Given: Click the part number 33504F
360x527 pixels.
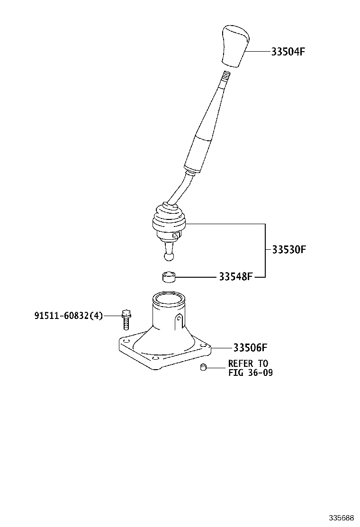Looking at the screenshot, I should pyautogui.click(x=288, y=52).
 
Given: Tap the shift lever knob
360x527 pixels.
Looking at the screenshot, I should pyautogui.click(x=234, y=46).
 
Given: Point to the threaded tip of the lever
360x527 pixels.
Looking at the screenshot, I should pyautogui.click(x=226, y=75).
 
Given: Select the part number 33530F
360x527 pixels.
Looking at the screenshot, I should pyautogui.click(x=288, y=249).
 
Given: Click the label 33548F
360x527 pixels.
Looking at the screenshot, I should pyautogui.click(x=236, y=276).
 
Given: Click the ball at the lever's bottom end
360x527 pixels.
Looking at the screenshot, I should pyautogui.click(x=169, y=256).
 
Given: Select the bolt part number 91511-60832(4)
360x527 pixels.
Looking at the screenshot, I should pyautogui.click(x=68, y=316).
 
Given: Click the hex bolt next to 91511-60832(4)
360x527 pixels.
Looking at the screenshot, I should pyautogui.click(x=126, y=320).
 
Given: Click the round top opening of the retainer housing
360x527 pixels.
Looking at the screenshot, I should pyautogui.click(x=169, y=300).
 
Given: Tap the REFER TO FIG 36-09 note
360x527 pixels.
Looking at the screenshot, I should pyautogui.click(x=250, y=368).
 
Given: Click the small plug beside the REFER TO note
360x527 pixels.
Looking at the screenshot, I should pyautogui.click(x=203, y=368).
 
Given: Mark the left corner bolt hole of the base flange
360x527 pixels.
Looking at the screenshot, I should pyautogui.click(x=126, y=341).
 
